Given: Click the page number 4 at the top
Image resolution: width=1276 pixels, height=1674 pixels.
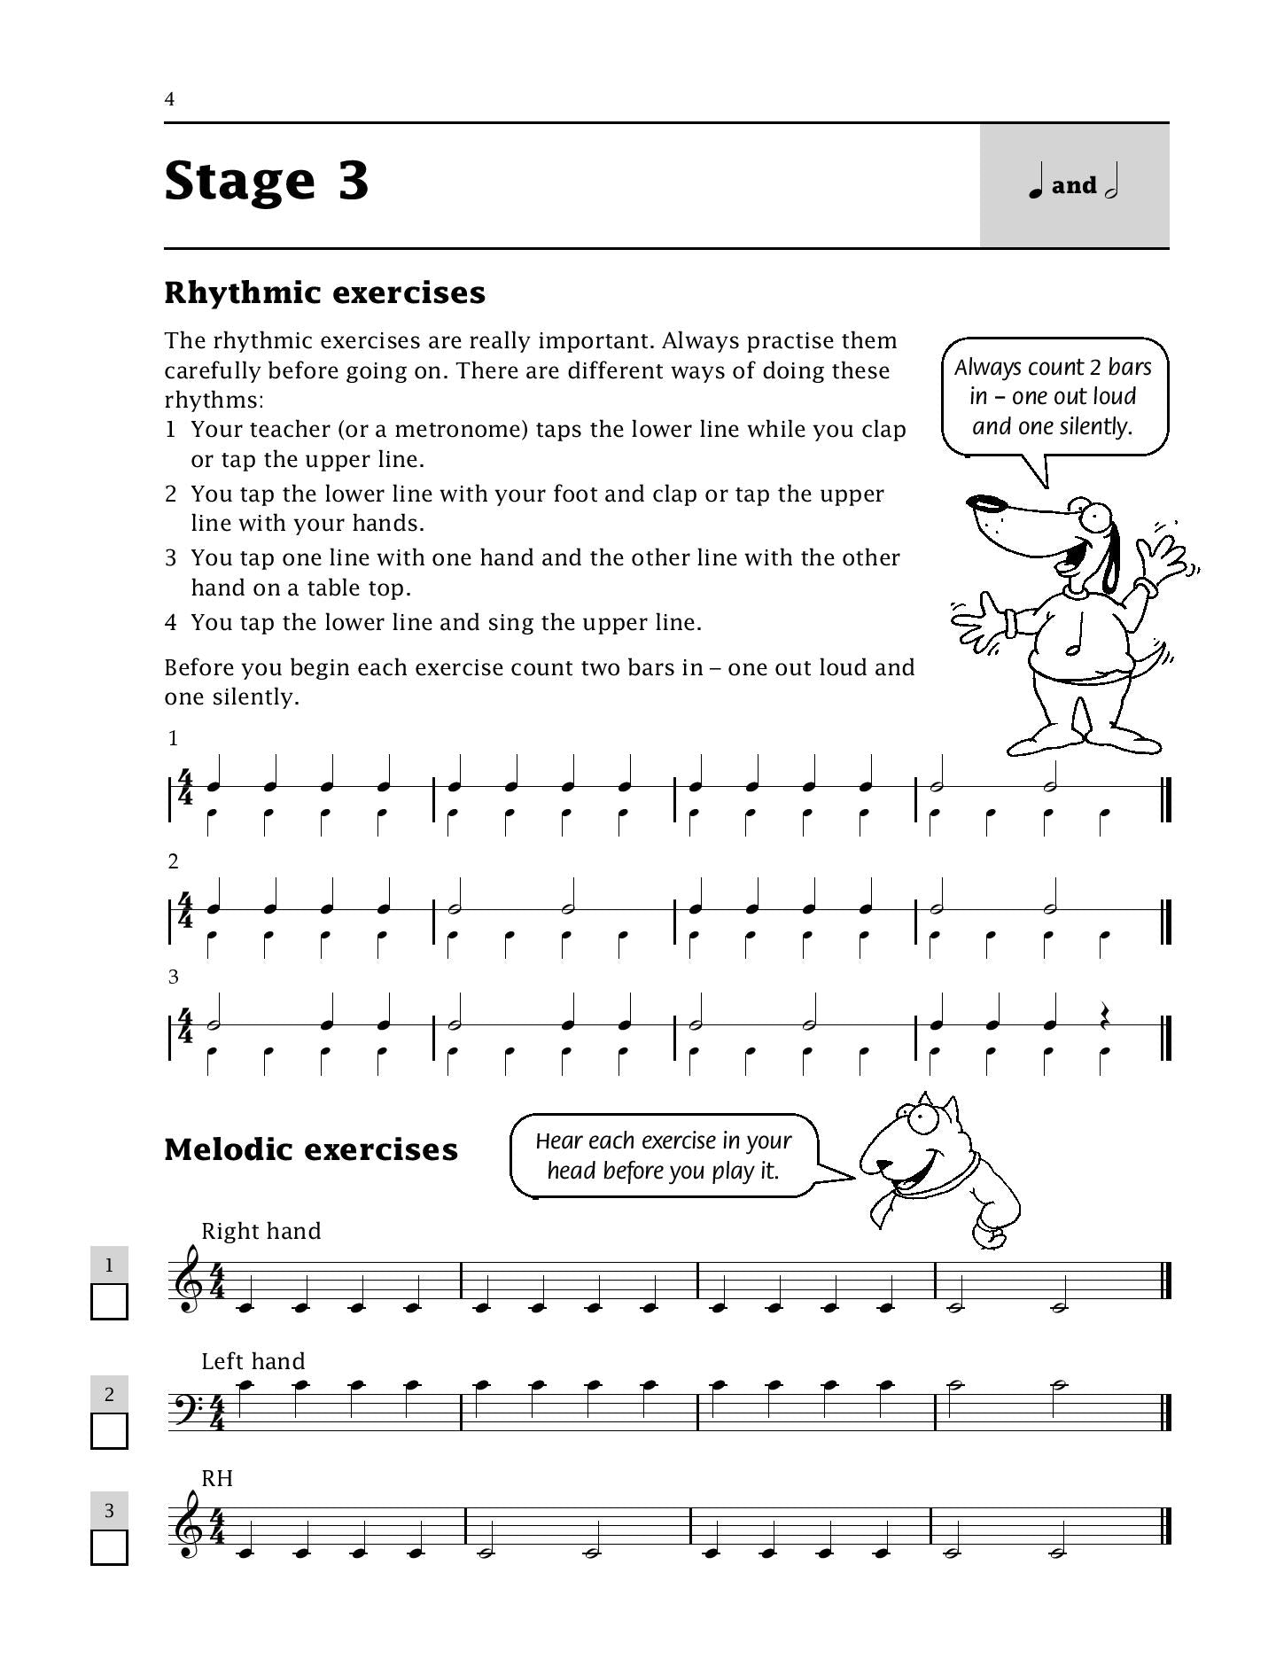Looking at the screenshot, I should pos(169,99).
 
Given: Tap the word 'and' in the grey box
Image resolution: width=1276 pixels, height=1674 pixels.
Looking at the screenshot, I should pos(1074,186).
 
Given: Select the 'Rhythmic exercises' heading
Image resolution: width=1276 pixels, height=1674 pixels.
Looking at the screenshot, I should pos(324,292).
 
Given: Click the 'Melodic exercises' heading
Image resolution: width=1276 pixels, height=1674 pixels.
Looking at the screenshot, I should pos(311,1149).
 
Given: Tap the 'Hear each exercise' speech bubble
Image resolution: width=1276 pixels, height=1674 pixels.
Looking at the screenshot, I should pos(663,1156).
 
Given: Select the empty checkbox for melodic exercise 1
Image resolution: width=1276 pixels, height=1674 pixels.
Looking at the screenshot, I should pos(109,1302).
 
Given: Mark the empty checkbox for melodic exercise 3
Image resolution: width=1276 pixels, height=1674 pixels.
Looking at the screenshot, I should pos(109,1547).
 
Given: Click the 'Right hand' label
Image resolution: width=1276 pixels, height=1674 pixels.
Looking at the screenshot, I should pos(261,1231).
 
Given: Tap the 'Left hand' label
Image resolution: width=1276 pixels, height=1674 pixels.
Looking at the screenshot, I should pos(253,1361).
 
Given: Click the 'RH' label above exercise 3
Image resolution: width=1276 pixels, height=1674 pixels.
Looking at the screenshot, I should pos(217,1478).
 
